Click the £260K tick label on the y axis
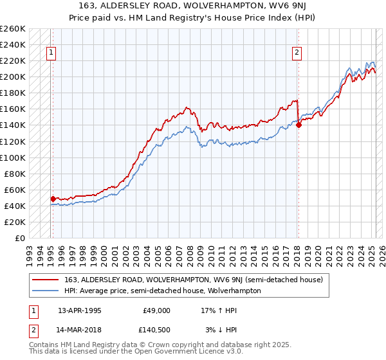coord(13,29)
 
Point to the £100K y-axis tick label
coord(13,157)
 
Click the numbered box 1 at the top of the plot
coord(51,53)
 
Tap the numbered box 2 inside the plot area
coord(297,53)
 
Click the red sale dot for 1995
coord(53,199)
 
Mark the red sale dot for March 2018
coord(299,125)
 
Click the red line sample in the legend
coord(46,280)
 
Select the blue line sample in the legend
coord(46,291)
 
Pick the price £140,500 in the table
coord(156,329)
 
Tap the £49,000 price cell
coord(156,310)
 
